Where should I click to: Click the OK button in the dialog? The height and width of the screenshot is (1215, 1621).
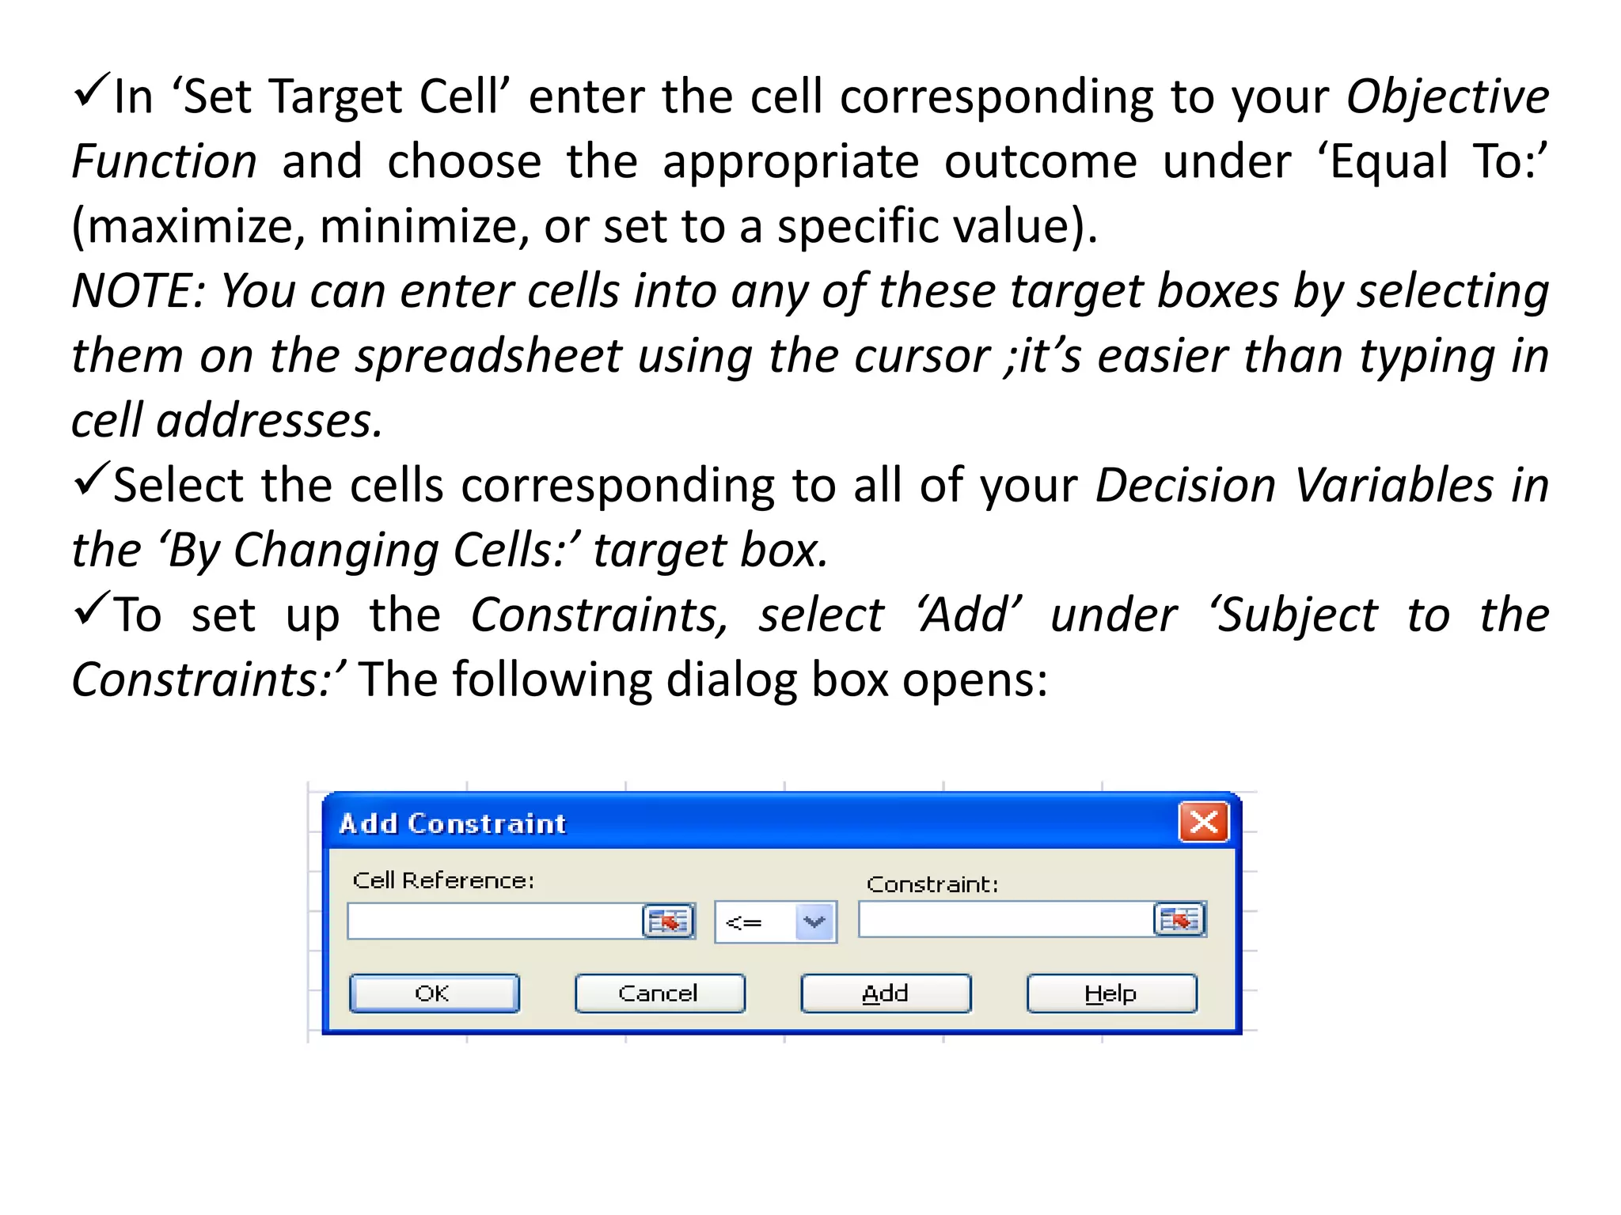point(434,994)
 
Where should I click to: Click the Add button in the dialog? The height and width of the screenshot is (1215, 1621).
point(885,994)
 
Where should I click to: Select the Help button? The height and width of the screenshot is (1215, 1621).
point(1111,994)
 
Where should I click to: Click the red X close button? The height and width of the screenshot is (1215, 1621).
point(1203,822)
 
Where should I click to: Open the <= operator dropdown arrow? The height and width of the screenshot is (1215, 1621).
point(814,922)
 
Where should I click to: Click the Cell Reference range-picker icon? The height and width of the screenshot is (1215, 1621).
point(668,922)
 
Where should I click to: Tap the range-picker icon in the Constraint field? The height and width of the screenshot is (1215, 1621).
point(1179,920)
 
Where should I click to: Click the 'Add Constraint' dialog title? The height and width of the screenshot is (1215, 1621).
point(453,823)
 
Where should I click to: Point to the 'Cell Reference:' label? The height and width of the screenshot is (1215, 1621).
point(443,880)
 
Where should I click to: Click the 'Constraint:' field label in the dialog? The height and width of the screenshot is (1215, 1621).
point(932,884)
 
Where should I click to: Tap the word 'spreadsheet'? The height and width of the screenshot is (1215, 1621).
point(488,356)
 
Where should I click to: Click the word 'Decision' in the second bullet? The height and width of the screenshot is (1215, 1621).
point(1186,485)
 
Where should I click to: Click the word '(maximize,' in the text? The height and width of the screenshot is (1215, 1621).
point(188,227)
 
